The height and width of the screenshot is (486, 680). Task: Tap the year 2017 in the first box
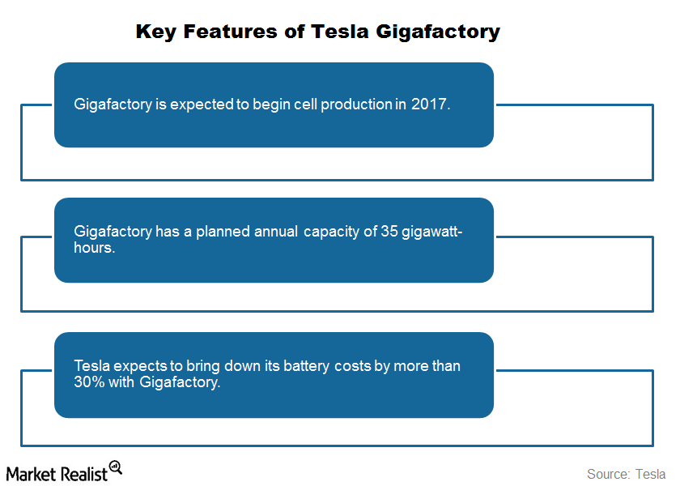click(428, 105)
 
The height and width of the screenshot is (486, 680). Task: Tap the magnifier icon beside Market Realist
click(115, 467)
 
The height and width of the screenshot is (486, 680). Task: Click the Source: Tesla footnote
click(625, 473)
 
